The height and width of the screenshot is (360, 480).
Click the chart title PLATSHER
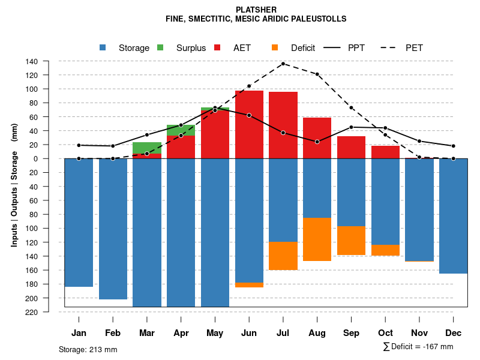256,10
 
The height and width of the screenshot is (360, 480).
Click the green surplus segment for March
147,148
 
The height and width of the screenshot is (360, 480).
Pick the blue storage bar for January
79,223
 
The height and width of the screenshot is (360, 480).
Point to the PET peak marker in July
283,64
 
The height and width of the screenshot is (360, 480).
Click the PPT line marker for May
215,110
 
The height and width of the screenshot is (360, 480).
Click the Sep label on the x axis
352,333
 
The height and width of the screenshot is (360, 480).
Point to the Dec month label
454,333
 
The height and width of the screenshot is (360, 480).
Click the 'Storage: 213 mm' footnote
88,349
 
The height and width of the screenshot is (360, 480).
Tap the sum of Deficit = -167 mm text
418,347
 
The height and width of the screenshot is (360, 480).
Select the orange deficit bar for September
352,241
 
